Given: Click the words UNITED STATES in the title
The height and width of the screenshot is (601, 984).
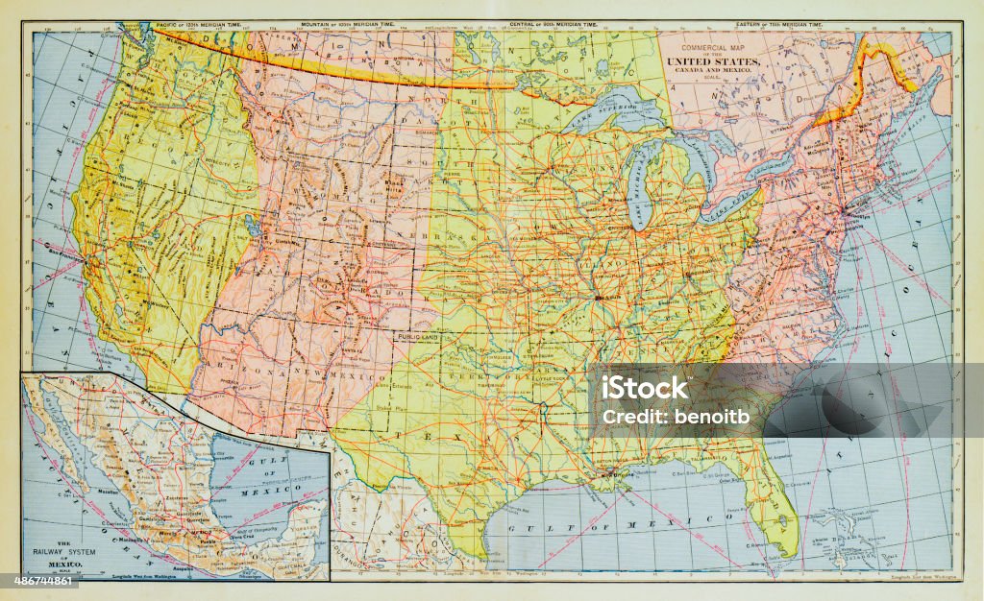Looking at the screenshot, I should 720,62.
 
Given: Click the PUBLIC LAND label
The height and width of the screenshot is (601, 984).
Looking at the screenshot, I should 415,337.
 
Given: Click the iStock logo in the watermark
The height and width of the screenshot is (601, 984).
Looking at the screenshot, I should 645,388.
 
